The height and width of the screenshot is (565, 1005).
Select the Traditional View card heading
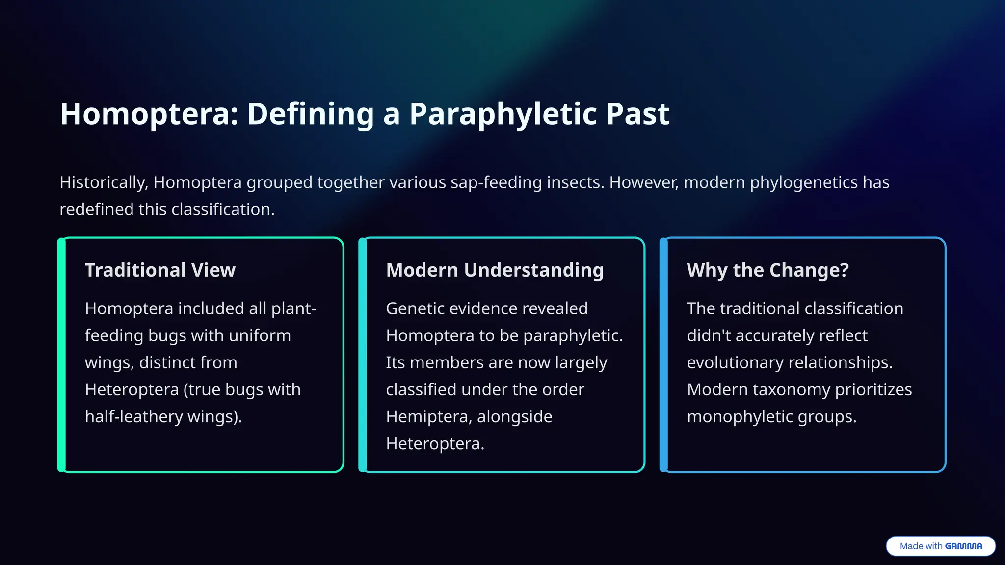(x=160, y=270)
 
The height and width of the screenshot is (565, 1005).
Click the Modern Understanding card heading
(x=495, y=270)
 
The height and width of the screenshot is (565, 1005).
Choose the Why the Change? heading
(x=767, y=270)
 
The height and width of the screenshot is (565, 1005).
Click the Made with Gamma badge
(x=940, y=546)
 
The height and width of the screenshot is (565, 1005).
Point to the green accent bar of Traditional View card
(x=61, y=355)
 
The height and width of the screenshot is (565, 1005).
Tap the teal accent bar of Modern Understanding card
(x=363, y=355)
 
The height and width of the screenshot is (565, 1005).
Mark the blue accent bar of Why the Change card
(x=663, y=355)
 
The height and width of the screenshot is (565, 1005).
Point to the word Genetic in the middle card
(x=415, y=308)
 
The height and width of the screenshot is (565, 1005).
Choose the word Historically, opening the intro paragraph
(x=104, y=183)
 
